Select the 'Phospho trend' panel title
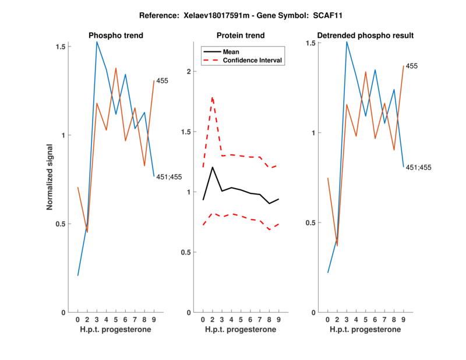pos(116,36)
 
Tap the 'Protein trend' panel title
pos(241,36)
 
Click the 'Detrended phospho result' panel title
pos(366,36)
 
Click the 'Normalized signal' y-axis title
pos(51,179)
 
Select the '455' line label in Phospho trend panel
pos(163,81)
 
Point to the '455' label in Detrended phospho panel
pos(412,66)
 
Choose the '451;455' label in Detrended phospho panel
pos(419,168)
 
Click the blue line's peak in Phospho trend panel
pos(97,42)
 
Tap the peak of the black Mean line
pos(213,167)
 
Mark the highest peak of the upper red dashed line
pos(213,97)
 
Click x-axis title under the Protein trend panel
pos(241,330)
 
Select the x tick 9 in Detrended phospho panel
pos(403,320)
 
